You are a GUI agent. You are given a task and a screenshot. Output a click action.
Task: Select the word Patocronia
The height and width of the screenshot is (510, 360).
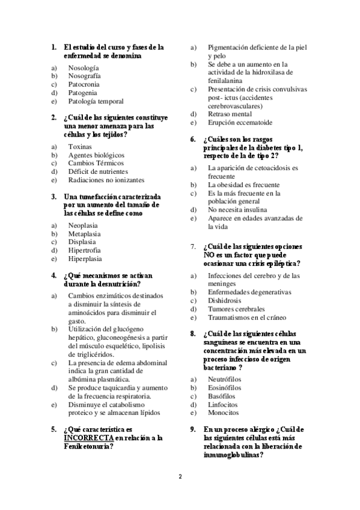pyautogui.click(x=85, y=84)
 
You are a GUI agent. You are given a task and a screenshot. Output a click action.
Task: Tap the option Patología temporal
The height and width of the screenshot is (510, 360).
pyautogui.click(x=96, y=101)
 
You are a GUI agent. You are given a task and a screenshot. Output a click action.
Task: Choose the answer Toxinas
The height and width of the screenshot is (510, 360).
pyautogui.click(x=81, y=146)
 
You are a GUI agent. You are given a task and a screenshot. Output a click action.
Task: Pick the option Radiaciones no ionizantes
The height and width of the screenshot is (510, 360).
pyautogui.click(x=106, y=180)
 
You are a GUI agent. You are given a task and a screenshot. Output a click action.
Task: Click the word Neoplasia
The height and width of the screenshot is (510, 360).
pyautogui.click(x=84, y=225)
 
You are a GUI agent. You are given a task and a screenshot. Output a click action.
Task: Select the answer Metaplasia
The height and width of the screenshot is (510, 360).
pyautogui.click(x=85, y=233)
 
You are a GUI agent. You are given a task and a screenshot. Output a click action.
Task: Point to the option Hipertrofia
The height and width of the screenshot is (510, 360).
pyautogui.click(x=85, y=250)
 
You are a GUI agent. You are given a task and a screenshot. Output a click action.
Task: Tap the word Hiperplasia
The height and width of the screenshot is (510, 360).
pyautogui.click(x=85, y=259)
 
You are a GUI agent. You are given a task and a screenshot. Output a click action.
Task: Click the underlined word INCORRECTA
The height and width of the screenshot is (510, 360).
pyautogui.click(x=88, y=438)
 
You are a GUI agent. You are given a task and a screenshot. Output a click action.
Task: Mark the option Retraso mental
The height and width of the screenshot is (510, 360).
pyautogui.click(x=230, y=114)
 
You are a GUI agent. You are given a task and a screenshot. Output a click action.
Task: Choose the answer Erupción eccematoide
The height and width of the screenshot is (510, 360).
pyautogui.click(x=240, y=123)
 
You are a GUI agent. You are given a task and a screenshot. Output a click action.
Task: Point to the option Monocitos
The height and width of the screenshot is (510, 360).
pyautogui.click(x=223, y=413)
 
